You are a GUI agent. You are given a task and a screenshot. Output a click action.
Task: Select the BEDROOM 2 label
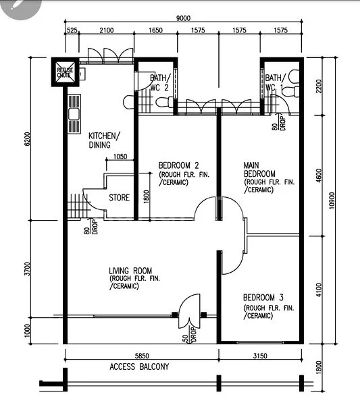click(x=178, y=166)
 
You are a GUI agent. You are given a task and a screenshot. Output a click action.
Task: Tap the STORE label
click(x=120, y=198)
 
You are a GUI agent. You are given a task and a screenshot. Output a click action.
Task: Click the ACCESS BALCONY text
click(x=139, y=367)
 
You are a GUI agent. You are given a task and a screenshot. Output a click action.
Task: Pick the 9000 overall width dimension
click(x=184, y=18)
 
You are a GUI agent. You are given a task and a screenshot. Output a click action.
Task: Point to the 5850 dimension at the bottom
click(x=140, y=356)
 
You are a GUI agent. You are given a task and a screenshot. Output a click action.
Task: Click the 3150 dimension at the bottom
click(x=261, y=356)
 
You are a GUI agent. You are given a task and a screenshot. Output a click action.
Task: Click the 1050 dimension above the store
click(x=120, y=157)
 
